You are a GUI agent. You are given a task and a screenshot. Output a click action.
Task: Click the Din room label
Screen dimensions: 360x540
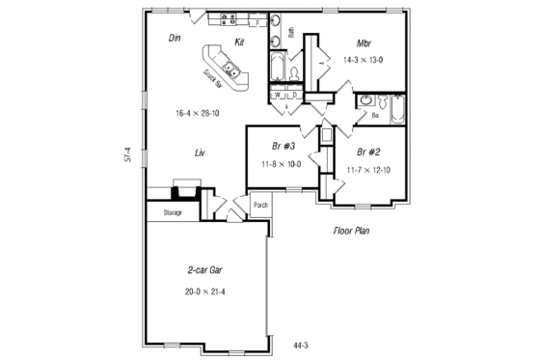175,39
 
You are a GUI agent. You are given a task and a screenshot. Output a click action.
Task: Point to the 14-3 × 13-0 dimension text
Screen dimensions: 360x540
364,60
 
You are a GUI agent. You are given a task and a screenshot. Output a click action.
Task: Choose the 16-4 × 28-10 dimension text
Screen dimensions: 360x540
196,112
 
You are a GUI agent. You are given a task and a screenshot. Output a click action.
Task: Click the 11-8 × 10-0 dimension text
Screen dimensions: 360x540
282,163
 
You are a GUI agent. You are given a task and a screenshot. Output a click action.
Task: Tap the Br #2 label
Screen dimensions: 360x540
366,152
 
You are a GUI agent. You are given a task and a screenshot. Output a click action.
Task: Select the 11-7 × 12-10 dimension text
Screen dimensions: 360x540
367,170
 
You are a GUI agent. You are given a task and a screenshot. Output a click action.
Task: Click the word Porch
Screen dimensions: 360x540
260,205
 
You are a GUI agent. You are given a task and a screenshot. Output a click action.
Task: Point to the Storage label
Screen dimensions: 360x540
173,211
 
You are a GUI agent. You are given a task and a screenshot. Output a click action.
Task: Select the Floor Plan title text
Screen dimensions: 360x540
352,232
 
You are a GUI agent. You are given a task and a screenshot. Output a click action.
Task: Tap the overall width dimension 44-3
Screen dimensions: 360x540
302,344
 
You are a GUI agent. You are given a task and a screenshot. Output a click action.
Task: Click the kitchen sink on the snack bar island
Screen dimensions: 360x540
231,69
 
